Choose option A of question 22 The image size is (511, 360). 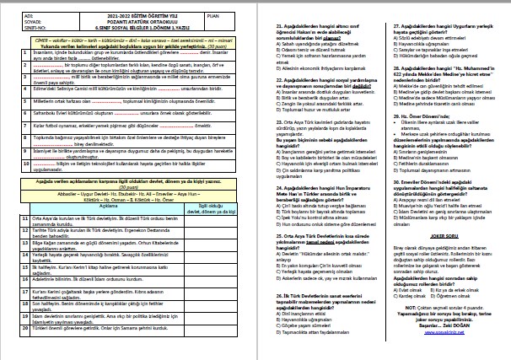[278, 86]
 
